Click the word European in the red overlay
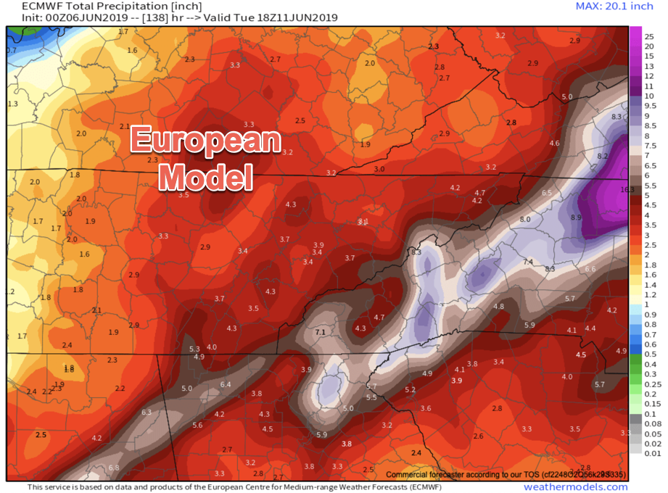(205, 140)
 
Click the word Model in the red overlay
(205, 175)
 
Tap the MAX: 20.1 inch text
(614, 7)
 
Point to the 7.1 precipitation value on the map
(321, 331)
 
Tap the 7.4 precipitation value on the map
(528, 262)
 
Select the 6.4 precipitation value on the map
(225, 384)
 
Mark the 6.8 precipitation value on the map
(114, 468)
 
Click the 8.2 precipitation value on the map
(602, 156)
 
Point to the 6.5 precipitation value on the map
(547, 192)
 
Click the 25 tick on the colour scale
(649, 36)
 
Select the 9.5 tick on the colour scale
(651, 106)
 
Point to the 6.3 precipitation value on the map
(146, 412)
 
